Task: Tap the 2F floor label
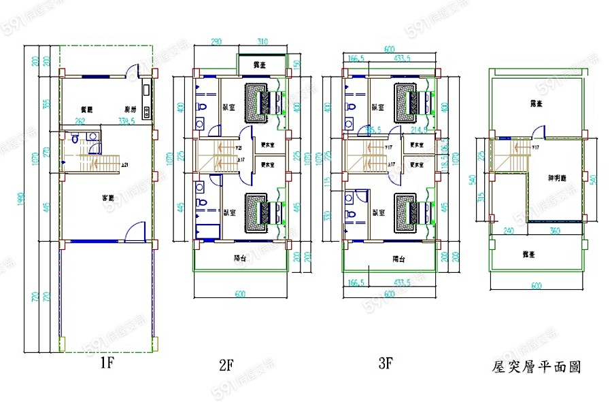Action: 226,365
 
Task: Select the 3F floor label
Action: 386,364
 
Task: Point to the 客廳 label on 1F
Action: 107,198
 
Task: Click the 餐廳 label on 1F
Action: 86,109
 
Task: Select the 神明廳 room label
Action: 558,178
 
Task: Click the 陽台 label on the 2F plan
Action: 239,258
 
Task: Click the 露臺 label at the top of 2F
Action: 258,65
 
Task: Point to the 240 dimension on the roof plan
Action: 509,230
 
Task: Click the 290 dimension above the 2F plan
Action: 217,42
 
